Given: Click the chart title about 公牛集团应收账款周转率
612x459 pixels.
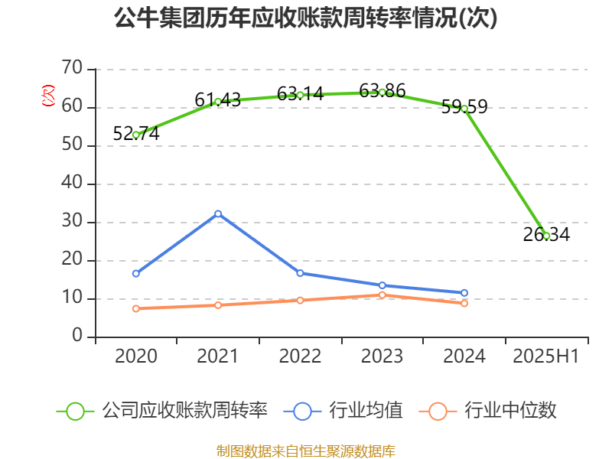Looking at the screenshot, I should pos(305,18).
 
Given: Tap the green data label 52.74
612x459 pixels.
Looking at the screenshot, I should pos(136,133).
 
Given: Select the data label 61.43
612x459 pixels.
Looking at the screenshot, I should pos(218,99).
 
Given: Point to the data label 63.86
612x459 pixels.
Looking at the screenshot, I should pos(382,90).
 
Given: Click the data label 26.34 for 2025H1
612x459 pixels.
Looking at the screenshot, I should pos(546,234).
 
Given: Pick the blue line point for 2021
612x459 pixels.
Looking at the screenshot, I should pos(218,213).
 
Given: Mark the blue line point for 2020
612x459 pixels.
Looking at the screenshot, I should pos(136,273).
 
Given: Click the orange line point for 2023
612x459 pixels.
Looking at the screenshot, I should pos(382,295).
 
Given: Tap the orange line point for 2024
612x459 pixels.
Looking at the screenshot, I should pos(464,304).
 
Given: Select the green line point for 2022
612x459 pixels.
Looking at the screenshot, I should pos(300,96).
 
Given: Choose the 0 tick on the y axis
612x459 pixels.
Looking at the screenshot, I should pos(77,337).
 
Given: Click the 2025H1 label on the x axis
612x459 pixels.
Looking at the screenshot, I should pos(546,356).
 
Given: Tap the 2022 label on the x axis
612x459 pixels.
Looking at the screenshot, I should pos(300,356).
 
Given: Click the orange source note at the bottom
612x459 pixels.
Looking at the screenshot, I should pos(305,451).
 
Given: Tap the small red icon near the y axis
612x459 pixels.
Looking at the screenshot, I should pos(47,96).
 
